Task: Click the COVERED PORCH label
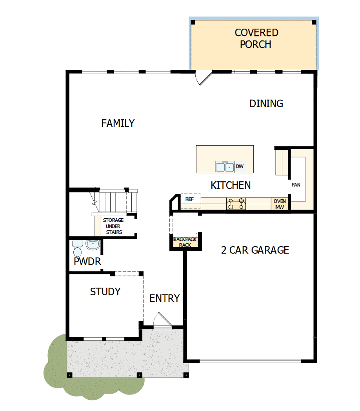[x=256, y=38]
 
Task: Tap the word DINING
[x=266, y=104]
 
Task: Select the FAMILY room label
[x=118, y=123]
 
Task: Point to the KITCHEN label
[x=231, y=185]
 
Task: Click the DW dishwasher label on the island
[x=240, y=166]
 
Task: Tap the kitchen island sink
[x=224, y=167]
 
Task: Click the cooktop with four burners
[x=236, y=204]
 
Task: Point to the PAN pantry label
[x=296, y=184]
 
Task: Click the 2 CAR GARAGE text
[x=255, y=250]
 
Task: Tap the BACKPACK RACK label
[x=185, y=242]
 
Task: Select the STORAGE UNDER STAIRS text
[x=113, y=226]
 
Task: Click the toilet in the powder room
[x=77, y=248]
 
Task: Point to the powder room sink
[x=93, y=245]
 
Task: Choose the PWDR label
[x=87, y=261]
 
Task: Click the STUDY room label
[x=105, y=292]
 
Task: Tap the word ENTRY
[x=165, y=298]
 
